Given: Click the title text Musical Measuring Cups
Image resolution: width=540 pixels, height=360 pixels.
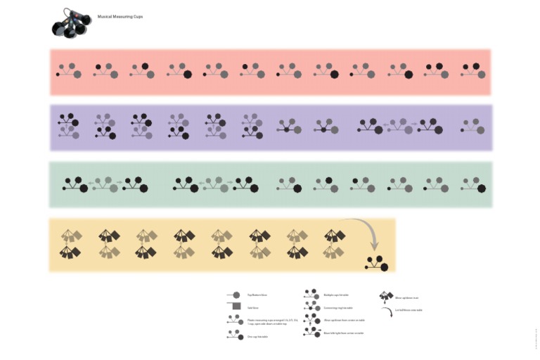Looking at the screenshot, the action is point(120,16).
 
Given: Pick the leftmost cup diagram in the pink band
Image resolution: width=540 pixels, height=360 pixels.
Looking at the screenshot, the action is point(70,71).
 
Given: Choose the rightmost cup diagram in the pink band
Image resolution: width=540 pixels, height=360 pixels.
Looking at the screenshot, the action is point(472,71).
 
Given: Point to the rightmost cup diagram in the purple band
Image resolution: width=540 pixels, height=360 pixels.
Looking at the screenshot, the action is point(472,127).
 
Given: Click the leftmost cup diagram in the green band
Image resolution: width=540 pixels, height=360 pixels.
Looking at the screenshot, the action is point(74,184).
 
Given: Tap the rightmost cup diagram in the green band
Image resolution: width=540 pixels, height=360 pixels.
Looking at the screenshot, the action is point(472,184).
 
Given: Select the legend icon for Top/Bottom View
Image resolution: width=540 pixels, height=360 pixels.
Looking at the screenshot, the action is point(233,295).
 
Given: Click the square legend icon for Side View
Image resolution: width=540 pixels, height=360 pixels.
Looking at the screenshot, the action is point(234,307).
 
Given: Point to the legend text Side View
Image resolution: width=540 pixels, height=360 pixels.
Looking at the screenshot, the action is point(253,307).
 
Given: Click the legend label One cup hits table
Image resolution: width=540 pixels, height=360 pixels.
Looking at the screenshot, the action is point(259,337).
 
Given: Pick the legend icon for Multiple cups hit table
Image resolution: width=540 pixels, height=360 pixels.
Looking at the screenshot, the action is point(311,295).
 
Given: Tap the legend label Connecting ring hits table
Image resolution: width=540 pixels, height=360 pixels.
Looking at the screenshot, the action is point(338,308).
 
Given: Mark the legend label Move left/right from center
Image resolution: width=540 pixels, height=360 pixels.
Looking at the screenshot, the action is point(344,333).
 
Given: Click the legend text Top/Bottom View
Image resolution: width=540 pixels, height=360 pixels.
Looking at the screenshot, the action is point(257,295).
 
